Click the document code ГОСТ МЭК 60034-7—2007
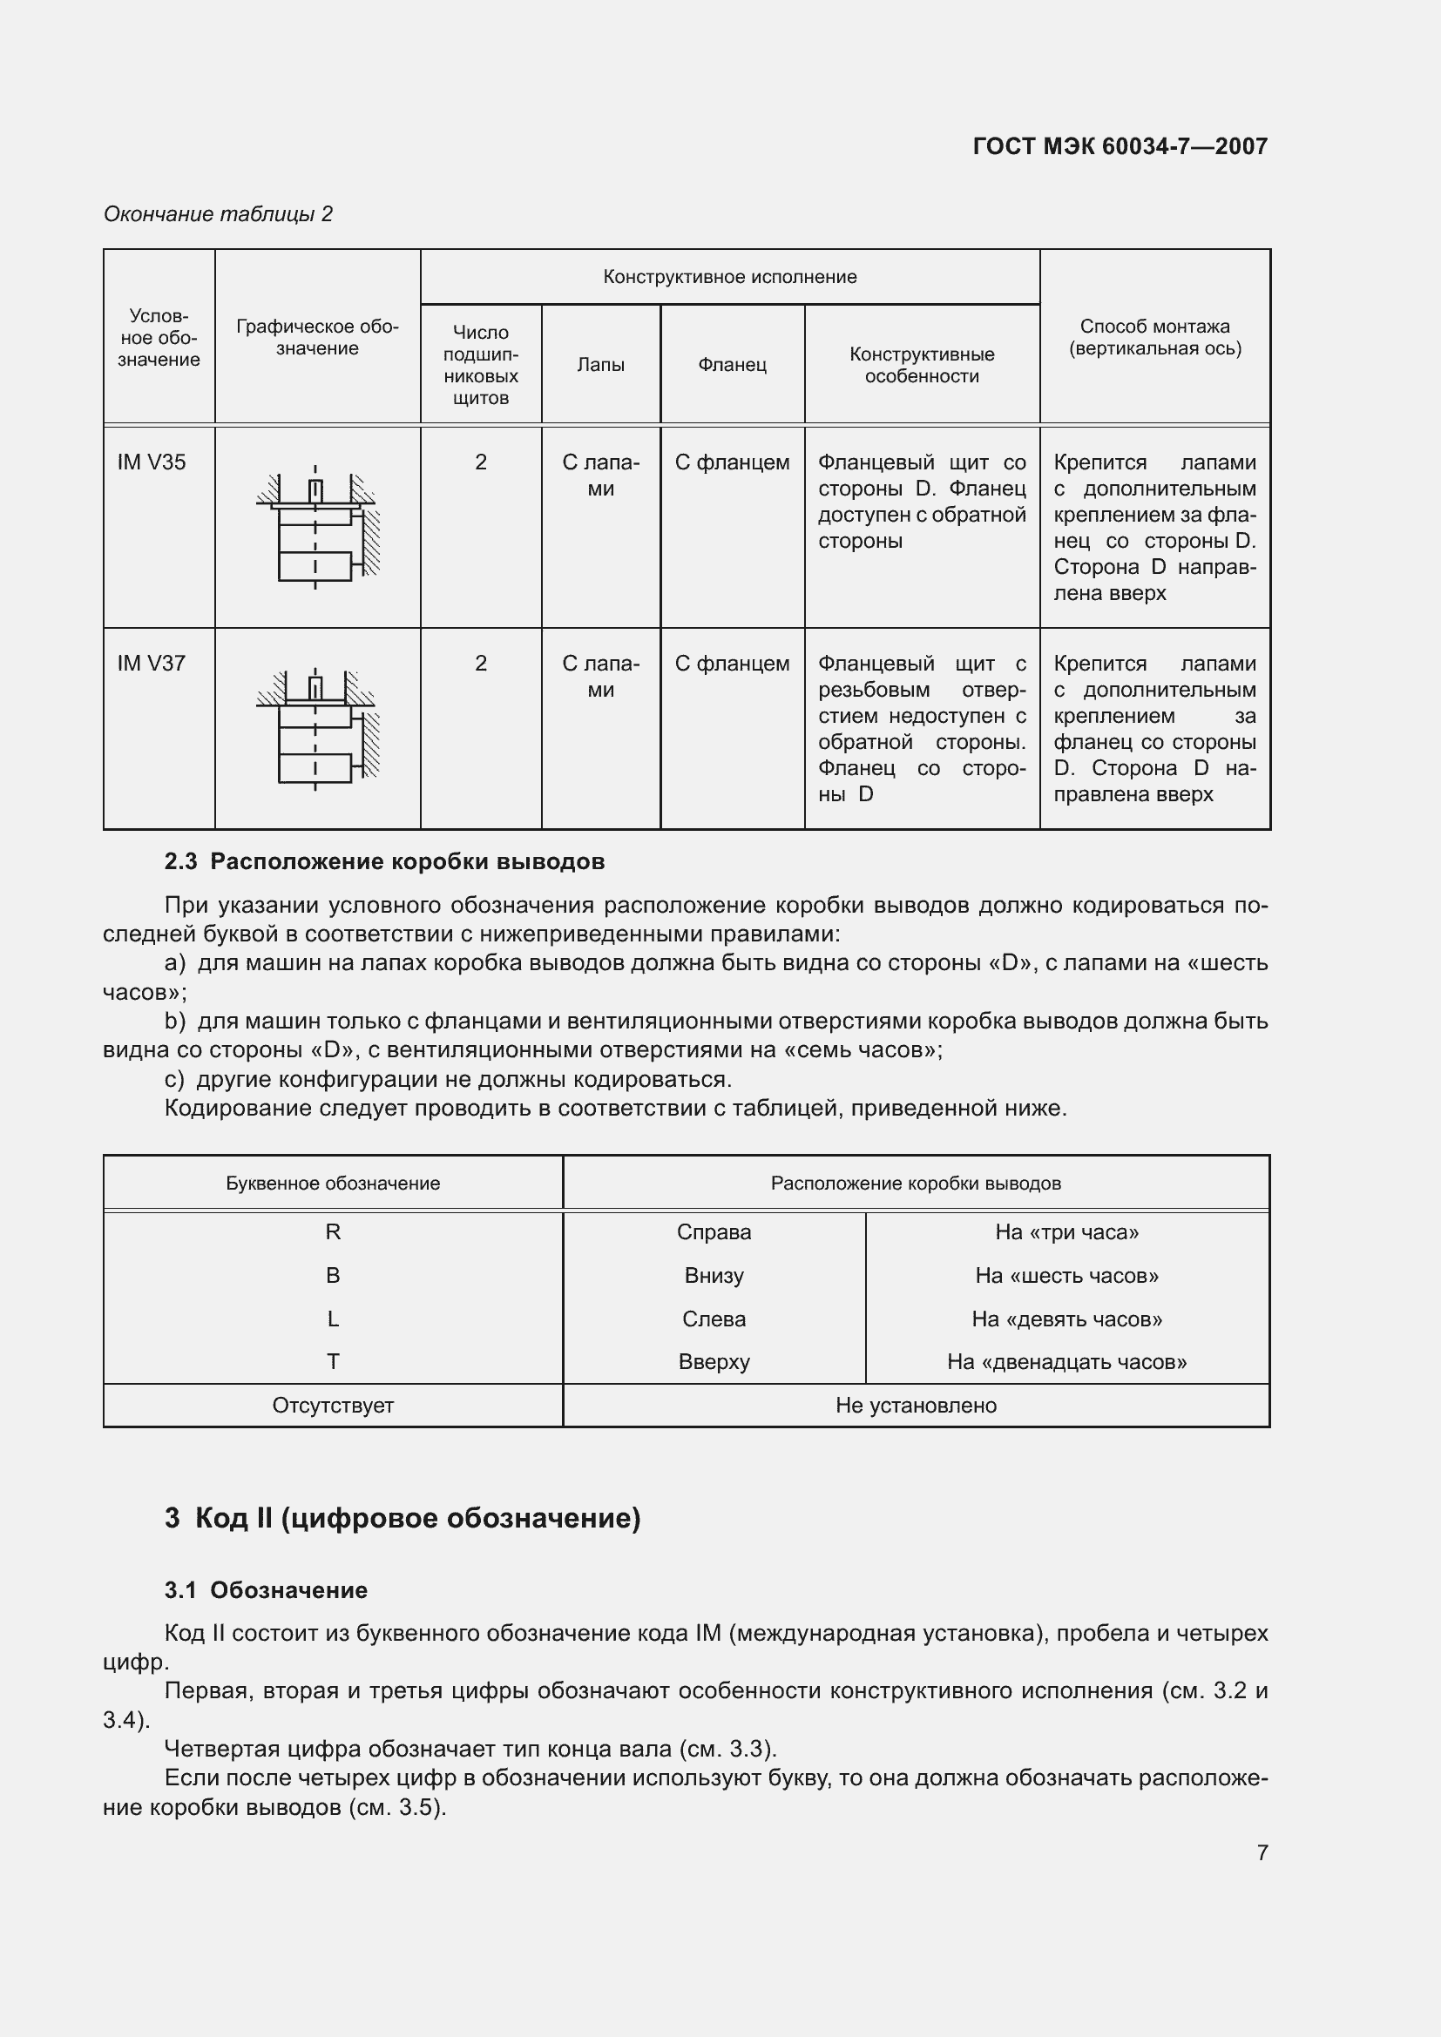(1120, 146)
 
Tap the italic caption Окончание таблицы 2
(219, 214)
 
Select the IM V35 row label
(152, 462)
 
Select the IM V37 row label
(152, 664)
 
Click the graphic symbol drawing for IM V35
(317, 526)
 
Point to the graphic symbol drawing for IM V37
(317, 727)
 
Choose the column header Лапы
(601, 365)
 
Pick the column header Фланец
(732, 365)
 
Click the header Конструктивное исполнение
(729, 277)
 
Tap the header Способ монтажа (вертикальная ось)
(1154, 337)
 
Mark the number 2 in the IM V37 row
(481, 664)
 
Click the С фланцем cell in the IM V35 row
(732, 462)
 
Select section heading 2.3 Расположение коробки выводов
(384, 861)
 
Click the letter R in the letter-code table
(333, 1232)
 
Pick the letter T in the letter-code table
(333, 1362)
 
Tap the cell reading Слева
(714, 1319)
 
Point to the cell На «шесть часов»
(1066, 1276)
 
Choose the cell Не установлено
(916, 1406)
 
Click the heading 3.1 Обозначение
(267, 1590)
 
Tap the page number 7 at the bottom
(1262, 1852)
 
